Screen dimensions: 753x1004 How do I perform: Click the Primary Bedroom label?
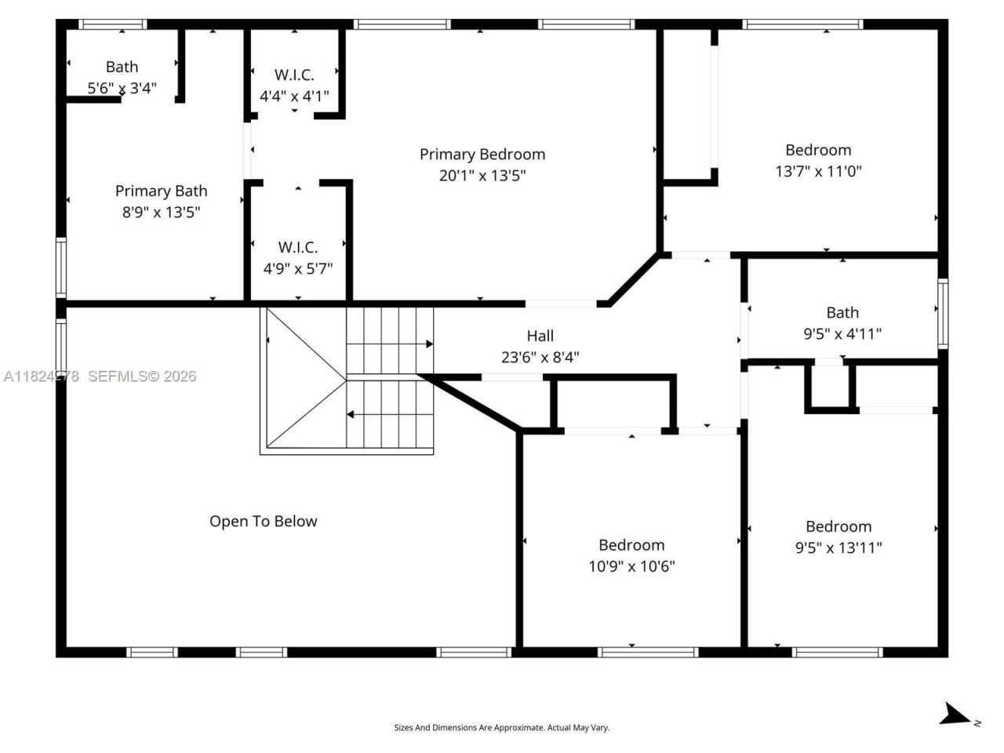[482, 155]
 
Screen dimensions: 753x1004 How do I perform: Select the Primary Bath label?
[161, 191]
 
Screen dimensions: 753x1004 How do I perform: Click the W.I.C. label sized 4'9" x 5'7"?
[297, 247]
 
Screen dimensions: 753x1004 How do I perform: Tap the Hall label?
[540, 336]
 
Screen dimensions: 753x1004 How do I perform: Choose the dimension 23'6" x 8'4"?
[540, 358]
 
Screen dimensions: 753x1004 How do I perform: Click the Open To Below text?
[263, 522]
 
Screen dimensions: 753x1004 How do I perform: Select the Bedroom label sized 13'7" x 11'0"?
[818, 150]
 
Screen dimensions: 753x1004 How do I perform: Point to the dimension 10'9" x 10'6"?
[631, 566]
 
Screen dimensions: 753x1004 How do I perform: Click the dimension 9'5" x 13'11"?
[838, 547]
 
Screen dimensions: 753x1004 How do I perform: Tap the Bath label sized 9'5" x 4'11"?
[842, 312]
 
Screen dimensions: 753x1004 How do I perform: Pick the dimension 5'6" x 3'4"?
[122, 88]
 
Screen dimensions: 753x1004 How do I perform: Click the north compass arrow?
[955, 714]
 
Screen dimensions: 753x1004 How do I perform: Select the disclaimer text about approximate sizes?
[501, 728]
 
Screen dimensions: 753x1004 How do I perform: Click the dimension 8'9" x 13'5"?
[161, 212]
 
